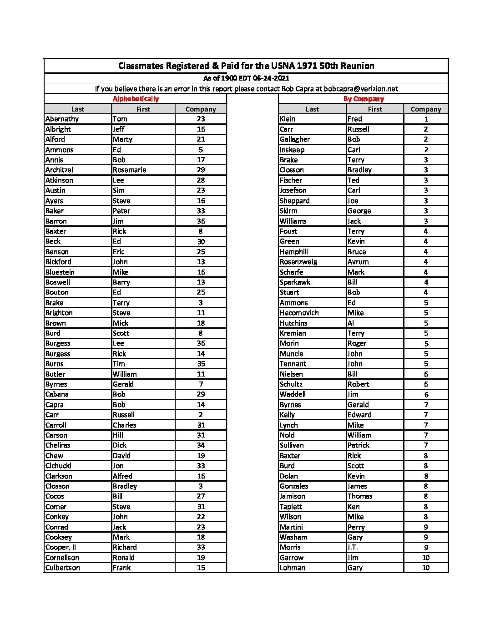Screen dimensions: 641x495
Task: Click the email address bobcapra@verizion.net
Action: click(x=361, y=89)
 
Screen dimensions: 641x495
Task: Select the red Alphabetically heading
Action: click(x=136, y=99)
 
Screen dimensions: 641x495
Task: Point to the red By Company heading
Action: click(x=364, y=99)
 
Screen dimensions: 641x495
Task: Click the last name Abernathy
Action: click(x=62, y=119)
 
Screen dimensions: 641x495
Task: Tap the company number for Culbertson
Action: click(x=201, y=568)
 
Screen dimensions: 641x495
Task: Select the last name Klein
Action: click(x=288, y=119)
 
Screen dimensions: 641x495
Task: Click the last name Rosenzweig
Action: click(x=298, y=262)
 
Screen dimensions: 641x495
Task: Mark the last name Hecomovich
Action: click(x=299, y=313)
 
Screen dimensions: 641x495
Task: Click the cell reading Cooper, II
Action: click(x=61, y=547)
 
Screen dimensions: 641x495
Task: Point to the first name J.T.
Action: click(x=353, y=547)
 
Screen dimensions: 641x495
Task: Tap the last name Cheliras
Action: click(x=58, y=445)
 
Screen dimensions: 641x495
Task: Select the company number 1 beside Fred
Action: click(x=426, y=119)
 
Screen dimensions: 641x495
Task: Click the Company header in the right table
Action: click(x=426, y=109)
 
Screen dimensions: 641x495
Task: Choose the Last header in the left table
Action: click(x=78, y=109)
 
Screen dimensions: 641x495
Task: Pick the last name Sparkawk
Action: click(x=295, y=282)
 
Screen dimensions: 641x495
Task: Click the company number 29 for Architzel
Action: click(x=201, y=170)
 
